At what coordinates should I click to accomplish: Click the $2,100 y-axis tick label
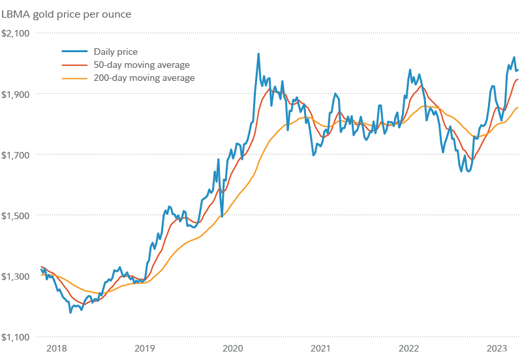[x=15, y=33]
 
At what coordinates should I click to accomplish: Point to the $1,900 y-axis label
[x=15, y=94]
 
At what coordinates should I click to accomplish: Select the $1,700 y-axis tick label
[x=15, y=155]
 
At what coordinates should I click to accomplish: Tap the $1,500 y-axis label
[x=15, y=215]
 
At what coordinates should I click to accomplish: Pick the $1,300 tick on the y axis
[x=15, y=277]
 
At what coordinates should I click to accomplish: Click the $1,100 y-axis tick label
[x=15, y=337]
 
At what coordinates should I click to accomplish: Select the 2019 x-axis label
[x=144, y=348]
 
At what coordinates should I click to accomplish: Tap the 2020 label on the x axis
[x=232, y=348]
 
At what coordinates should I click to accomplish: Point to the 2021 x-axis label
[x=320, y=348]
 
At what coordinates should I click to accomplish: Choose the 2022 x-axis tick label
[x=409, y=348]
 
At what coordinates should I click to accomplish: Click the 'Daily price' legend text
[x=115, y=52]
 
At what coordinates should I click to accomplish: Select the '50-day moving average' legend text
[x=142, y=65]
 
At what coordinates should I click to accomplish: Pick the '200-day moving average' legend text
[x=144, y=78]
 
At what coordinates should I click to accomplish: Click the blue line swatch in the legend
[x=74, y=52]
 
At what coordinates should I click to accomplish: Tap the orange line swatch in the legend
[x=74, y=78]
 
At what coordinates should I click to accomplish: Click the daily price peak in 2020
[x=258, y=54]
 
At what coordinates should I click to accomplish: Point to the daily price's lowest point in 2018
[x=70, y=312]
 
